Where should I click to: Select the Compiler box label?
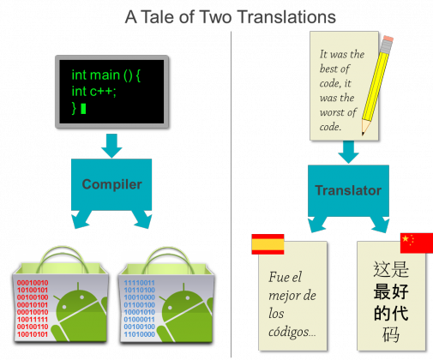click(x=111, y=184)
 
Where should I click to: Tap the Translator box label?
click(x=348, y=190)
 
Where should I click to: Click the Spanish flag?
click(x=268, y=244)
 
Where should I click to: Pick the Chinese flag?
click(x=417, y=243)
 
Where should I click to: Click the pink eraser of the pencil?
click(x=388, y=39)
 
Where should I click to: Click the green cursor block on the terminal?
click(x=83, y=109)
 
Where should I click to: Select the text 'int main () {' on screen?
click(x=105, y=75)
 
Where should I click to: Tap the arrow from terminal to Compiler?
click(x=111, y=146)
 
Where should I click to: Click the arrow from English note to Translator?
click(x=348, y=152)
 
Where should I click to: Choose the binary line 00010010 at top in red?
click(x=33, y=283)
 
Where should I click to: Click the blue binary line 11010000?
click(x=140, y=334)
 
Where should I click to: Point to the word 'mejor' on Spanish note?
click(x=283, y=296)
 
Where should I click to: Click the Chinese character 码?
click(x=391, y=334)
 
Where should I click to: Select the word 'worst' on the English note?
click(x=332, y=112)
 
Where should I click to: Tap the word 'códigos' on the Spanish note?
click(x=289, y=332)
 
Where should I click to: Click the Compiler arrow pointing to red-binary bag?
click(x=81, y=219)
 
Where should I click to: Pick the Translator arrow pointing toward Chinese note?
click(x=380, y=225)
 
